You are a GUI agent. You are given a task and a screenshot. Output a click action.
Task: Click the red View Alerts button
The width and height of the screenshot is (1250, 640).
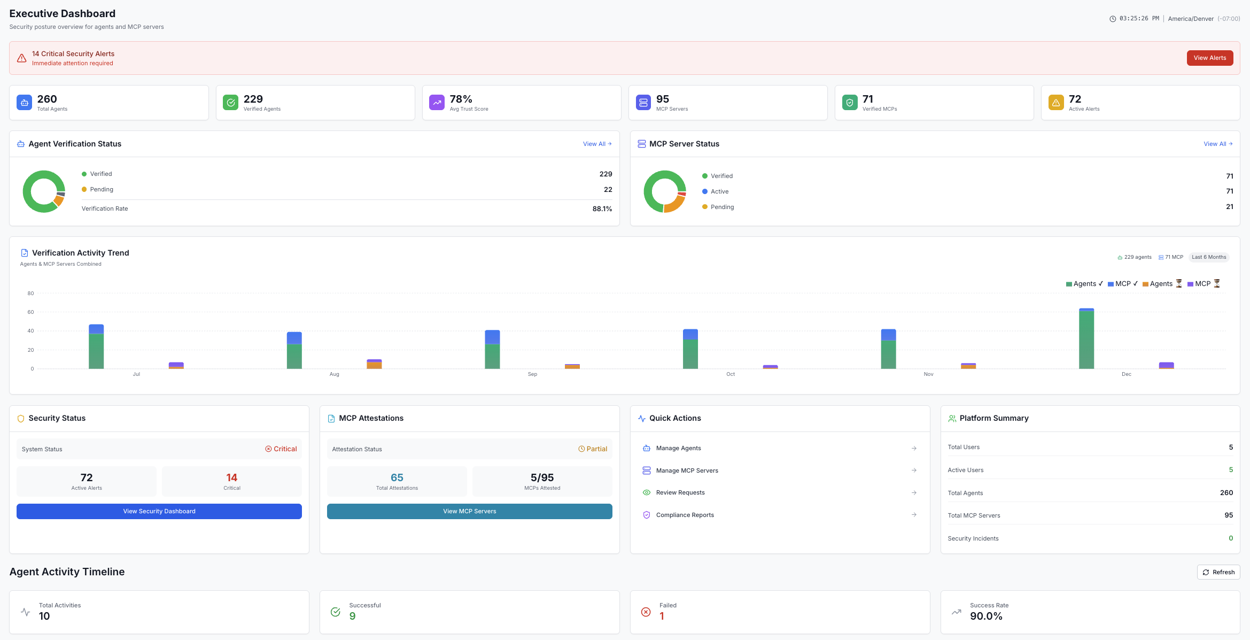[1209, 58]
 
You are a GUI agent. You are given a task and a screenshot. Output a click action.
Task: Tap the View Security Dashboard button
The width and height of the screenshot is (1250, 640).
[159, 511]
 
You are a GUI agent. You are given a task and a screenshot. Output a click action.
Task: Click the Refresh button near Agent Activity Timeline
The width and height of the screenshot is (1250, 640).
[1218, 572]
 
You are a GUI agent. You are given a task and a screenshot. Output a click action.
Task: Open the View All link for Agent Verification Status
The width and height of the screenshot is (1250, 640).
[597, 144]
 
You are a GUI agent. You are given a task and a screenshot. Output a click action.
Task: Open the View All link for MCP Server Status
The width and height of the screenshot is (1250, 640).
[1217, 144]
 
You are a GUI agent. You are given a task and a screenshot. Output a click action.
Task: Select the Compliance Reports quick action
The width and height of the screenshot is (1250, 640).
[685, 515]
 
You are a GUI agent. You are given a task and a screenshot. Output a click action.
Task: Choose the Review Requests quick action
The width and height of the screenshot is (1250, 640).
[680, 492]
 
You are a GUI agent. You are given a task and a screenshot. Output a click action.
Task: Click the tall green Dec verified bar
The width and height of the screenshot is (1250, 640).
[1086, 340]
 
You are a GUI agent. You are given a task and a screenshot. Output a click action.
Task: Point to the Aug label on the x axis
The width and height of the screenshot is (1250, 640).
[334, 374]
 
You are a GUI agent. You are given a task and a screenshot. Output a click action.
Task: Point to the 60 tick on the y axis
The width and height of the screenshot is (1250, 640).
[30, 312]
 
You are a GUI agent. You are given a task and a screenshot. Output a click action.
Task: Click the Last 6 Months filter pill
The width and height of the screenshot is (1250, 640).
[1208, 257]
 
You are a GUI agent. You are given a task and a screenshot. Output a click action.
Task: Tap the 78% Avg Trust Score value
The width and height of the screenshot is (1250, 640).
[461, 99]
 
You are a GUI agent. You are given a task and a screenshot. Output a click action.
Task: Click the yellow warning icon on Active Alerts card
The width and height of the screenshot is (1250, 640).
[1055, 103]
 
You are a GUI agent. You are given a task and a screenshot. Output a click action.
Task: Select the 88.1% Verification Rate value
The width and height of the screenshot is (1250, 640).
[602, 209]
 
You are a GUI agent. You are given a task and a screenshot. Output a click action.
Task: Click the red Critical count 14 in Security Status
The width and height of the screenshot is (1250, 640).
[231, 477]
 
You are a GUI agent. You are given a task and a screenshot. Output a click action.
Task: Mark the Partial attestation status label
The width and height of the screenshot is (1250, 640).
[596, 449]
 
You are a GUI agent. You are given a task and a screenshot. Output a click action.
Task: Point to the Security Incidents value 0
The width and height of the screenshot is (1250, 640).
[1230, 538]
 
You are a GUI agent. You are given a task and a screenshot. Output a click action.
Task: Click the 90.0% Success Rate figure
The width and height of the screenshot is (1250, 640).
[986, 616]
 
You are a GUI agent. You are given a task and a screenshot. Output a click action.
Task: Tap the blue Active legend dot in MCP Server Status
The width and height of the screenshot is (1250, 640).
[704, 191]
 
